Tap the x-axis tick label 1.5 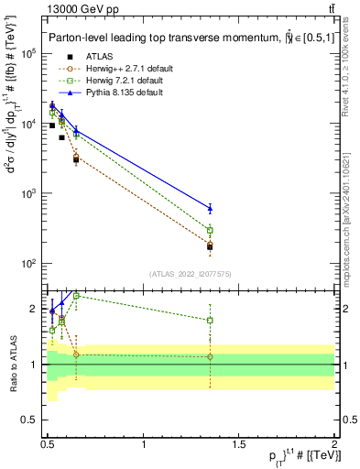pyautogui.click(x=239, y=445)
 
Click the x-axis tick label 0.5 pyautogui.click(x=49, y=445)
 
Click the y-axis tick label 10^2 pyautogui.click(x=28, y=264)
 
